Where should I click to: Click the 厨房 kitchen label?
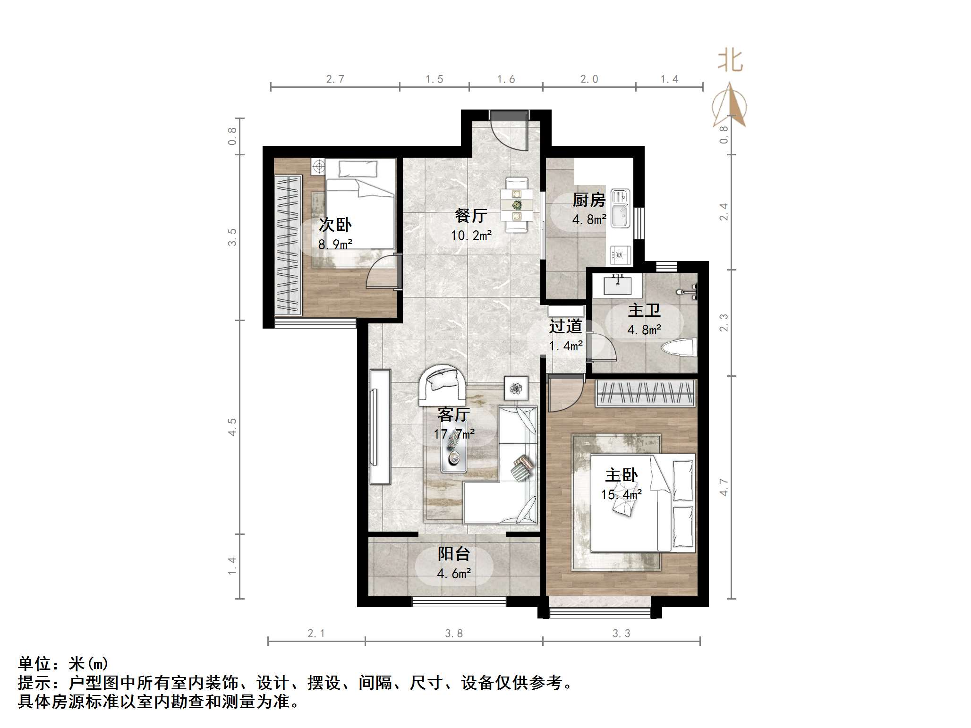click(x=589, y=200)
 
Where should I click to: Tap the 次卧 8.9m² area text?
click(x=335, y=244)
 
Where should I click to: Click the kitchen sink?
click(x=620, y=209)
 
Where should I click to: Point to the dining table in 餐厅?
click(x=517, y=205)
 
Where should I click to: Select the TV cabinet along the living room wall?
click(x=380, y=426)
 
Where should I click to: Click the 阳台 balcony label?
click(x=454, y=554)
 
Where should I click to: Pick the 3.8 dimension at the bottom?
click(x=454, y=634)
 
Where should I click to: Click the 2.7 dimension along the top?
click(x=335, y=79)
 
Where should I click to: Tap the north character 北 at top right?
click(x=730, y=61)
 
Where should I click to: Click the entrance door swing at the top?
click(x=509, y=132)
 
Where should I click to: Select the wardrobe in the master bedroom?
click(x=645, y=393)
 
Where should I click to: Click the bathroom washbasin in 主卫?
click(x=617, y=286)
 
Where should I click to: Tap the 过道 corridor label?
click(x=565, y=326)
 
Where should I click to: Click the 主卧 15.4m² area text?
click(x=621, y=494)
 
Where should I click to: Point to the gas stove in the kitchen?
click(x=620, y=255)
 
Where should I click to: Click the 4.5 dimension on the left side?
click(x=232, y=427)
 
